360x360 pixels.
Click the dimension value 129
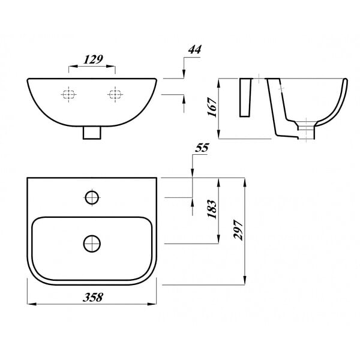[93, 59]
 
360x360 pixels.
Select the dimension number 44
[194, 49]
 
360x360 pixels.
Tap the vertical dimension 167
[212, 107]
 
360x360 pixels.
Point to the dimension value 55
[202, 148]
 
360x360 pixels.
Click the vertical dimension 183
[212, 209]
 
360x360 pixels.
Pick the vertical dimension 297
[238, 230]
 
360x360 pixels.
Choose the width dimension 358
[93, 298]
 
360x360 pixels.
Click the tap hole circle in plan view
[92, 197]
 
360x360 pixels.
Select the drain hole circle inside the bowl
[92, 244]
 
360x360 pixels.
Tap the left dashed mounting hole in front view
[68, 94]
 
